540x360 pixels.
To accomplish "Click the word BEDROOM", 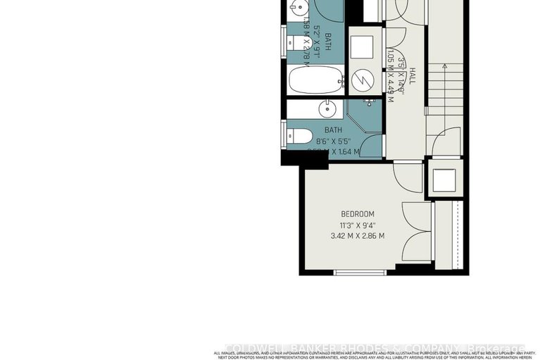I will point(358,214).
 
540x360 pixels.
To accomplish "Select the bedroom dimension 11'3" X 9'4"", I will point(358,225).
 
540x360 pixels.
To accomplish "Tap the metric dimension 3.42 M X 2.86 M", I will point(358,236).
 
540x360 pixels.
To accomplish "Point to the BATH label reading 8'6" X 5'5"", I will point(333,139).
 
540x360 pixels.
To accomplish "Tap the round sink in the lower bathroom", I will point(327,109).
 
